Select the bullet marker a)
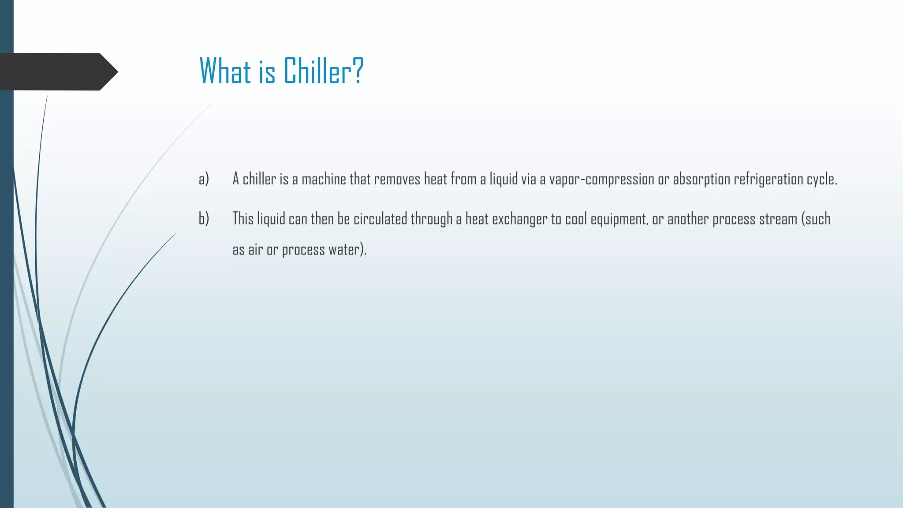click(204, 179)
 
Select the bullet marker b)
click(204, 219)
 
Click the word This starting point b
click(243, 219)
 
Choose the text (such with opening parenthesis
click(816, 219)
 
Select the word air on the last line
click(255, 250)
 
